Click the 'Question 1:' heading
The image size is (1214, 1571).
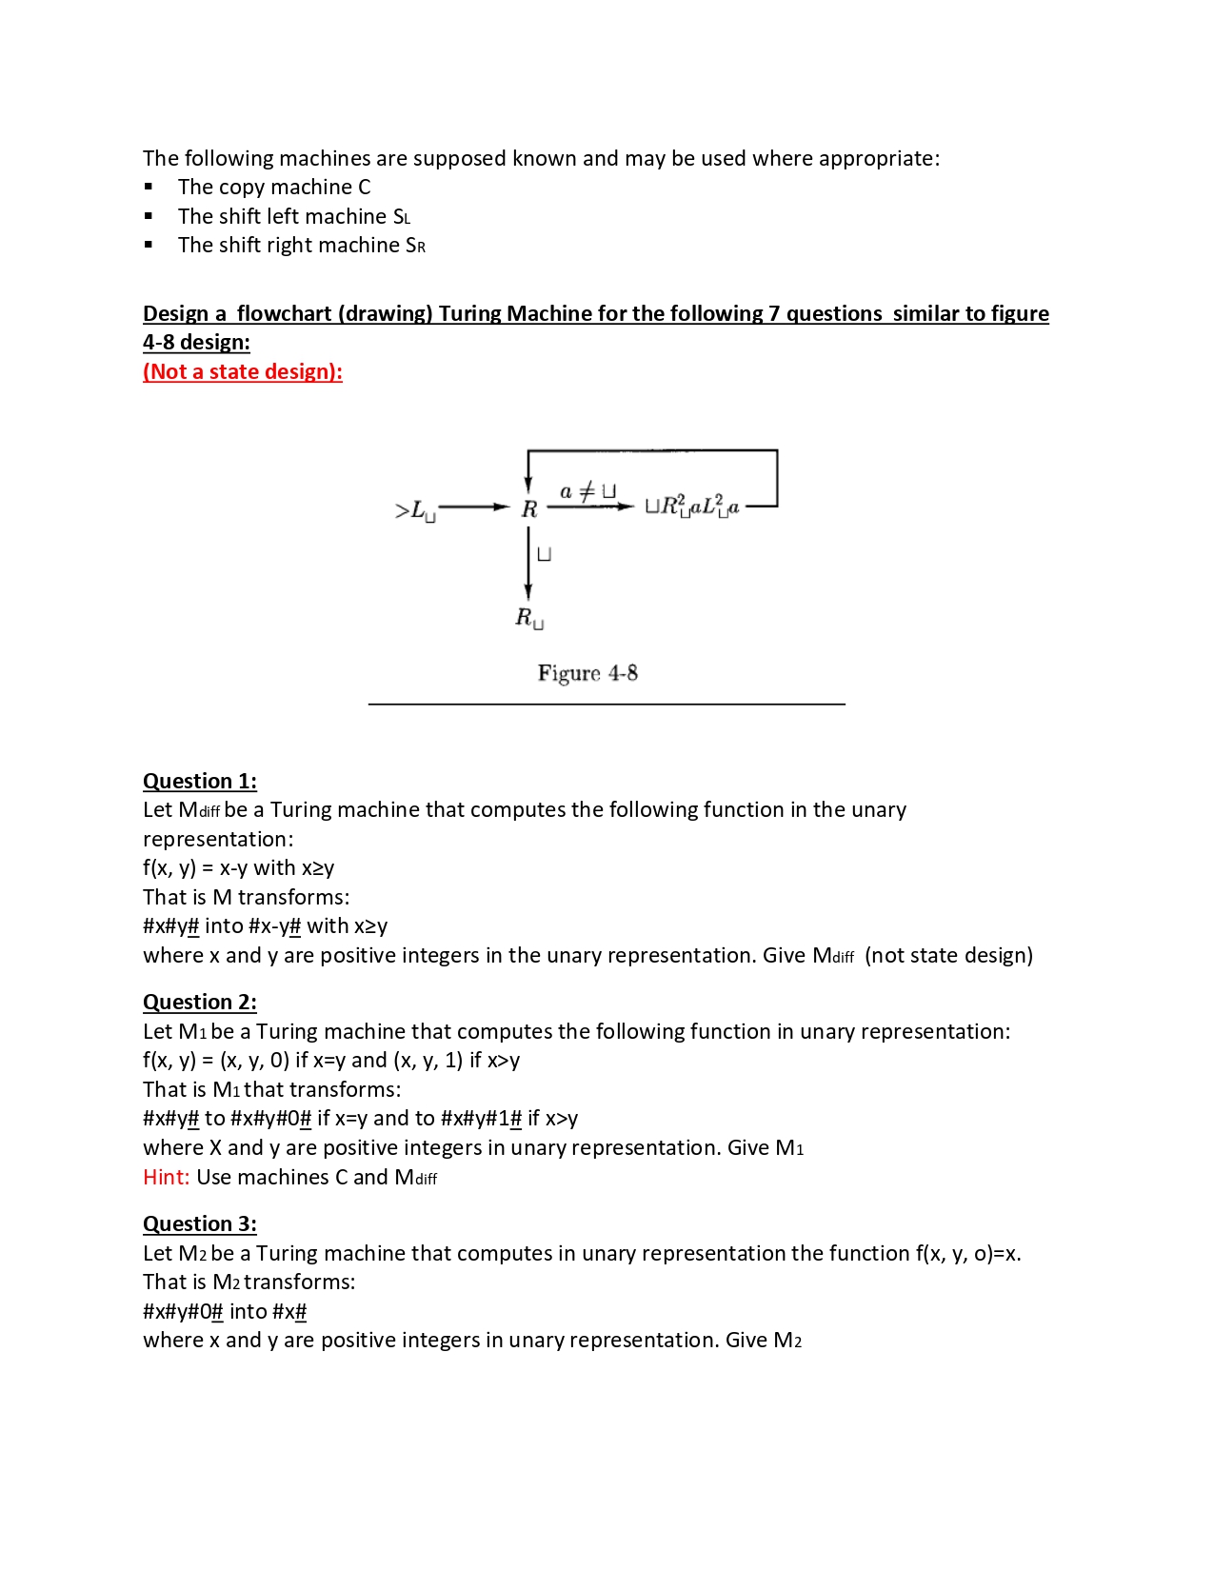199,782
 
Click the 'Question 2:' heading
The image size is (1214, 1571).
199,1003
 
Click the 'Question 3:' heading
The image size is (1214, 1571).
199,1224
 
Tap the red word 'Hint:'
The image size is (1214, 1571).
166,1178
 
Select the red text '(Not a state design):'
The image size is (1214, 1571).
242,372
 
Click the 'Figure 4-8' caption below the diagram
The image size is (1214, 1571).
587,674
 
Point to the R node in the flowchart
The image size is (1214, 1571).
529,509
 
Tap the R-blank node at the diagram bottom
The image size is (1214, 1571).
529,618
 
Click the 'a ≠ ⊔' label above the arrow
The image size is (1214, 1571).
587,491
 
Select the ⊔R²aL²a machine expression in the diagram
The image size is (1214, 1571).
692,506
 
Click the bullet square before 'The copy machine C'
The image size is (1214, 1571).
149,188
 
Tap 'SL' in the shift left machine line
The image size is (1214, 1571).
401,217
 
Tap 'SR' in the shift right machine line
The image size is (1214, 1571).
415,247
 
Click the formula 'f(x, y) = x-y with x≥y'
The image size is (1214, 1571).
238,868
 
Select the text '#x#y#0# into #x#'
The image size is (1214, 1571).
225,1312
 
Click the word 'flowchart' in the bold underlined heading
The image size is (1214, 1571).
284,314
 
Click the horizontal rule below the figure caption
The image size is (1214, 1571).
607,705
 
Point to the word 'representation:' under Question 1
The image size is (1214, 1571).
218,840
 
